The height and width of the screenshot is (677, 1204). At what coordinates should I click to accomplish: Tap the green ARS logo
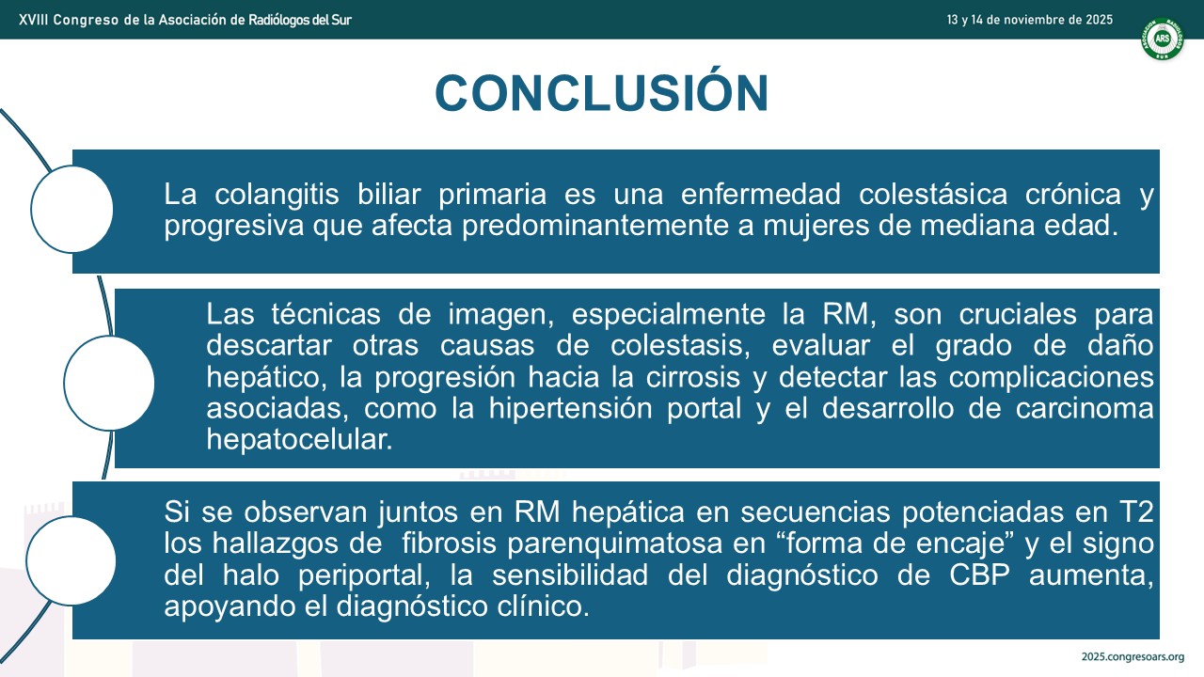1162,39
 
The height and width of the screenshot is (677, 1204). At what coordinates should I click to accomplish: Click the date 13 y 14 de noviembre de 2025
1029,20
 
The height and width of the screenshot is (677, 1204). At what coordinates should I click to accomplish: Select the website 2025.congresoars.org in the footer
1133,657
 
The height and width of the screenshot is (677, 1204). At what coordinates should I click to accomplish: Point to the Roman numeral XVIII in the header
33,20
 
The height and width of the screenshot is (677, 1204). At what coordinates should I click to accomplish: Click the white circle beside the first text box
72,209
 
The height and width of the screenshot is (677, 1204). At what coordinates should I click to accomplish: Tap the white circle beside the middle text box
109,383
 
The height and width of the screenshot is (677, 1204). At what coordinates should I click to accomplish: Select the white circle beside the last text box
71,560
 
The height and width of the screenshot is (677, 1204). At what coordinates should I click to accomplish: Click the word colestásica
932,194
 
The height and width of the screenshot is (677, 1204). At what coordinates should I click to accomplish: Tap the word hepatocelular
299,439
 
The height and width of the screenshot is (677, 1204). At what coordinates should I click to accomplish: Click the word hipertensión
570,408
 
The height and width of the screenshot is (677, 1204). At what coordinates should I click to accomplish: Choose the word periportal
364,575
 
